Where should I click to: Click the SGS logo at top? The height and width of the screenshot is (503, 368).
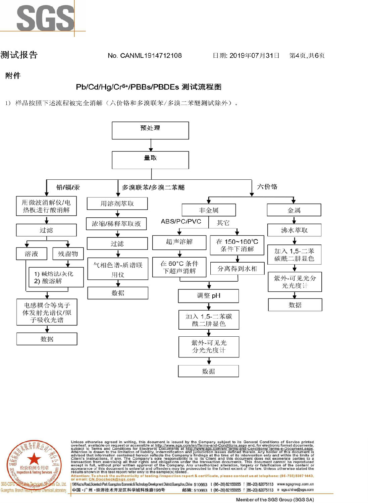45,18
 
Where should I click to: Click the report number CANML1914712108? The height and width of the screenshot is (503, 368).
145,56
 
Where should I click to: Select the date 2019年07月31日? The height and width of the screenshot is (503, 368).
246,56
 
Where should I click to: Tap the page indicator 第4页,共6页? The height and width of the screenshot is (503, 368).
307,56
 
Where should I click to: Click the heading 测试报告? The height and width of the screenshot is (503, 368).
19,55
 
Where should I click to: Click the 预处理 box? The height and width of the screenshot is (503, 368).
150,130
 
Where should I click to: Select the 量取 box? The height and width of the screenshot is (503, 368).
150,160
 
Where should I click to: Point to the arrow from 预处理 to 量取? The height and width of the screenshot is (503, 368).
151,146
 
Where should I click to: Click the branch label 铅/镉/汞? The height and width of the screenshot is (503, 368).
68,187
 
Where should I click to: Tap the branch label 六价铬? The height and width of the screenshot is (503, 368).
267,187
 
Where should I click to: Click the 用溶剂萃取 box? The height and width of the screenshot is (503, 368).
117,204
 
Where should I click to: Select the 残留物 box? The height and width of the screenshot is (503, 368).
68,254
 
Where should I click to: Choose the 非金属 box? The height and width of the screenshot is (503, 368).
209,210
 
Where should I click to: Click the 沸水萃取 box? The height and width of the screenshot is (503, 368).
294,230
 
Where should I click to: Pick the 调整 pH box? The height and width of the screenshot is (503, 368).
209,296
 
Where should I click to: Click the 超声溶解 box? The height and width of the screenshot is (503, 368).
179,242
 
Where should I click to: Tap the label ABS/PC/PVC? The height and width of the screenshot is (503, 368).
181,222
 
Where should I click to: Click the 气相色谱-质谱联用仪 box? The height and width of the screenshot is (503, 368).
118,269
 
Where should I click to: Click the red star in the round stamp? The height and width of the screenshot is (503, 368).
34,459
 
